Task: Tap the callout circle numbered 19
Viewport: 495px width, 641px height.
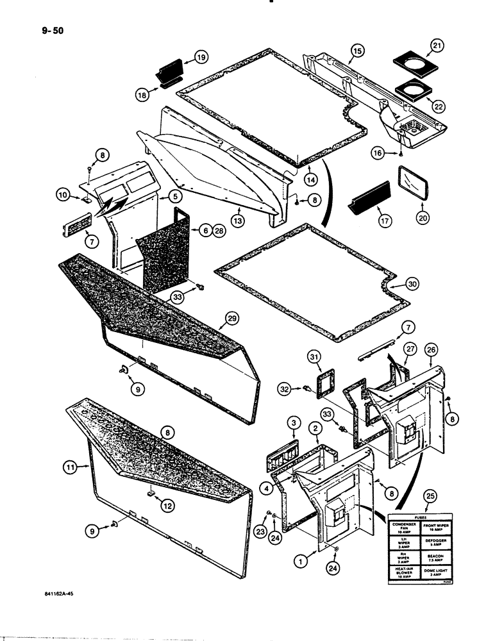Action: (201, 58)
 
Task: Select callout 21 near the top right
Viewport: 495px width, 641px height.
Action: (437, 46)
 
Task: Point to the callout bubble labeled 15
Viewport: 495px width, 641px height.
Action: (357, 50)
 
